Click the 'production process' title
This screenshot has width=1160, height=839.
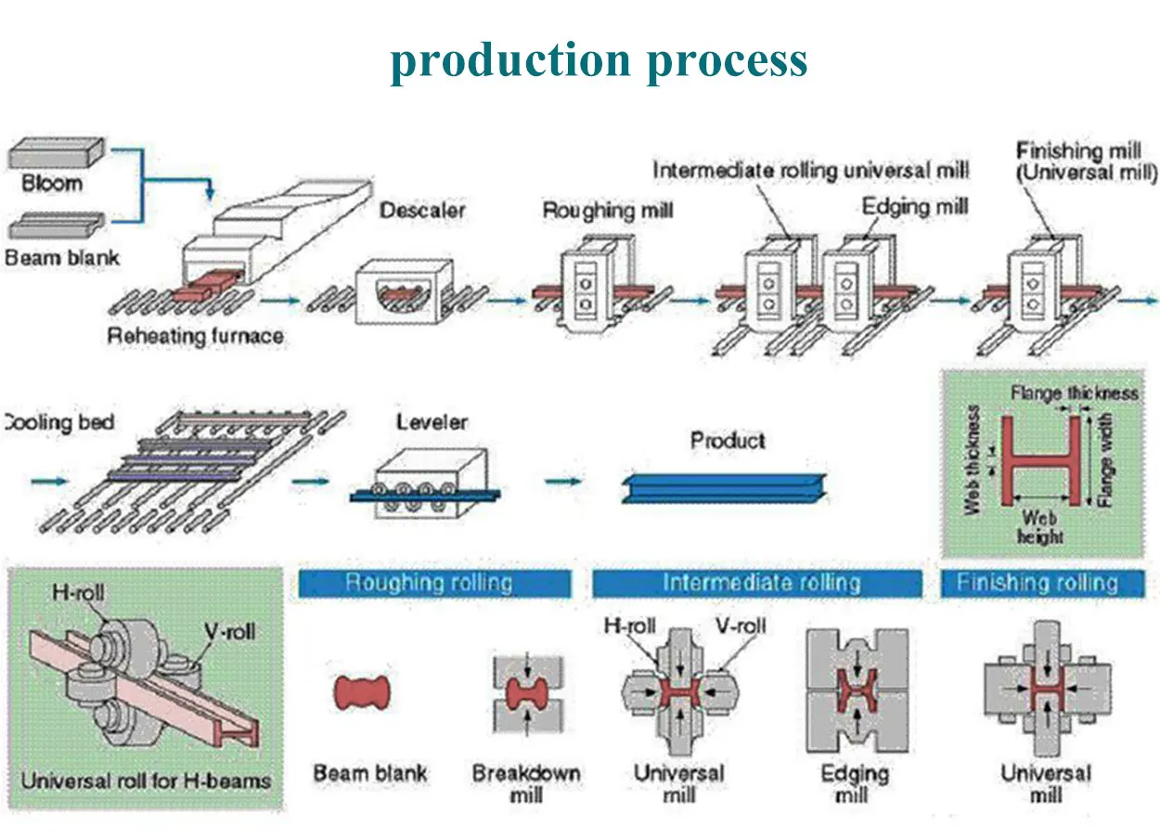599,61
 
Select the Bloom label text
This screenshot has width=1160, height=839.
52,183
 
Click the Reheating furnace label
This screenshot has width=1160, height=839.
195,335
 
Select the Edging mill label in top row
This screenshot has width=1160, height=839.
914,206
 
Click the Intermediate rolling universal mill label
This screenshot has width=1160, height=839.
810,171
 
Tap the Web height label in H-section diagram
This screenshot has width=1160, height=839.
1038,526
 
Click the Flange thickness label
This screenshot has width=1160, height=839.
1074,393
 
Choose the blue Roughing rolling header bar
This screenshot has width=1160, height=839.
433,584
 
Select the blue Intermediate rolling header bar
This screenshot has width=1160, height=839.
757,584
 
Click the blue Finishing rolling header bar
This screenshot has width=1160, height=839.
1042,584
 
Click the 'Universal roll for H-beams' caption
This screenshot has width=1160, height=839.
146,780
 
